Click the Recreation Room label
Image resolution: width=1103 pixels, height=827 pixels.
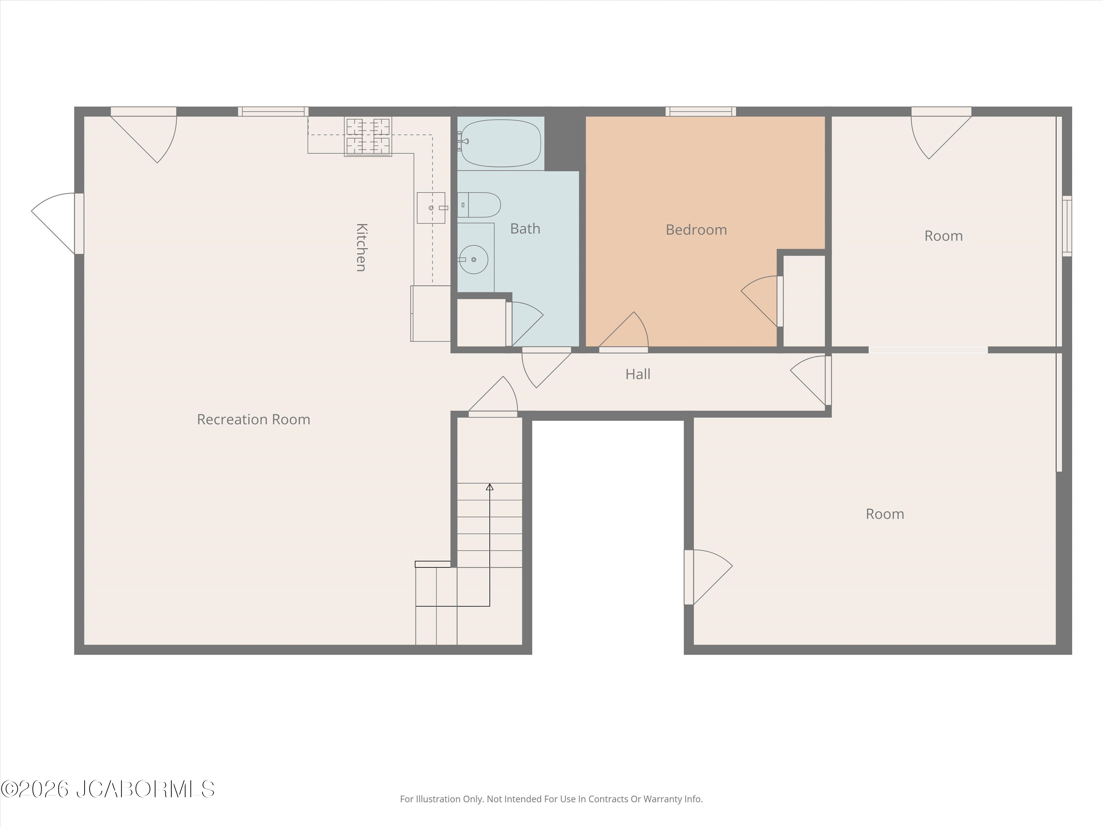[253, 420]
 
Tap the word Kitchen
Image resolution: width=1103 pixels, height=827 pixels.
[361, 247]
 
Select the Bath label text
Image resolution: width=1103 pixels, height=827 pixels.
[525, 229]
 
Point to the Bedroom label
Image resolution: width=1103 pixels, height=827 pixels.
[696, 230]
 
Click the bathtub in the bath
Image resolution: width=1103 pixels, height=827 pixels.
[501, 143]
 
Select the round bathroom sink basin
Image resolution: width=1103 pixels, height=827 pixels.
[473, 259]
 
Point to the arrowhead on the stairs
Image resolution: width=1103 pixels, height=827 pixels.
[490, 487]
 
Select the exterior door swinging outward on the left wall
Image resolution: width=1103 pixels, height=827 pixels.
[57, 223]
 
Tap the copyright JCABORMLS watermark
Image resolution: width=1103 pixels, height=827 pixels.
[108, 789]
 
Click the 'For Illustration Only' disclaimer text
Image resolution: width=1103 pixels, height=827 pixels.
[551, 799]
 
